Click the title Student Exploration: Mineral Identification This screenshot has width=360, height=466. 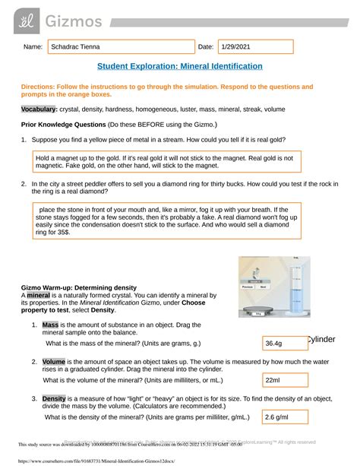point(180,67)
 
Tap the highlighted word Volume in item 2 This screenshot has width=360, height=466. point(54,361)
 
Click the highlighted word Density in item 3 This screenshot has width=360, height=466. point(55,398)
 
